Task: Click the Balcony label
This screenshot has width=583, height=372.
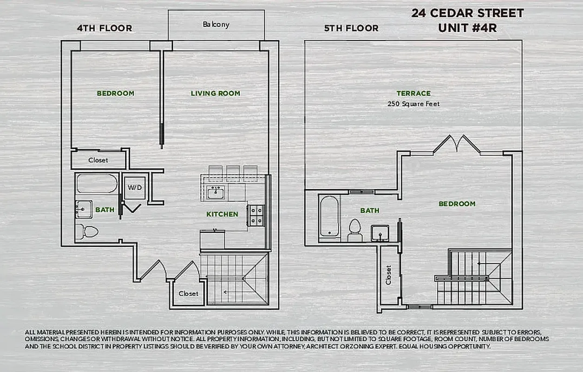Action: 216,24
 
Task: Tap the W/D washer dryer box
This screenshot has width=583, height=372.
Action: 135,188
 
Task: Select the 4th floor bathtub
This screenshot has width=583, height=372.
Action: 97,183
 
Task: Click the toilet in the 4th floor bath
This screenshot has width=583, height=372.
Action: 87,231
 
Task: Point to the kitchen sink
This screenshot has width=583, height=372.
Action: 215,192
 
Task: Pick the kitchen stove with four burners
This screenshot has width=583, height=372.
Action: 255,215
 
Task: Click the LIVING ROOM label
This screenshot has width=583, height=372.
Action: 216,93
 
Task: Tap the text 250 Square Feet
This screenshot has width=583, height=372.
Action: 413,104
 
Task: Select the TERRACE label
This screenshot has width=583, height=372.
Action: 413,93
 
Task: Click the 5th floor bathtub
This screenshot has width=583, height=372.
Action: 329,216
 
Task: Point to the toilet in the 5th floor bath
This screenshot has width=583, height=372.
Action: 355,229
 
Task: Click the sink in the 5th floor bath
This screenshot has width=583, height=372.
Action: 380,232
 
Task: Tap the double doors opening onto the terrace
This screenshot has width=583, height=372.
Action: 457,144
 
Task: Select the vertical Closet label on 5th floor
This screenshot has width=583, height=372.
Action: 388,275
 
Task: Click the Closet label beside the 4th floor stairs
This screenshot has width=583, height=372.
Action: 188,293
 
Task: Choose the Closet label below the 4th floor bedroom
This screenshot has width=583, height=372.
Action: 98,160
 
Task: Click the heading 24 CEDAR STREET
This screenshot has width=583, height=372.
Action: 467,13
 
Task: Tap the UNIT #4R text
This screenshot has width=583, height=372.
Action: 467,28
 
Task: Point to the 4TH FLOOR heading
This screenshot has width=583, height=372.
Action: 105,28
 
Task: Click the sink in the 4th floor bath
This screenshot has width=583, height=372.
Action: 84,209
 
